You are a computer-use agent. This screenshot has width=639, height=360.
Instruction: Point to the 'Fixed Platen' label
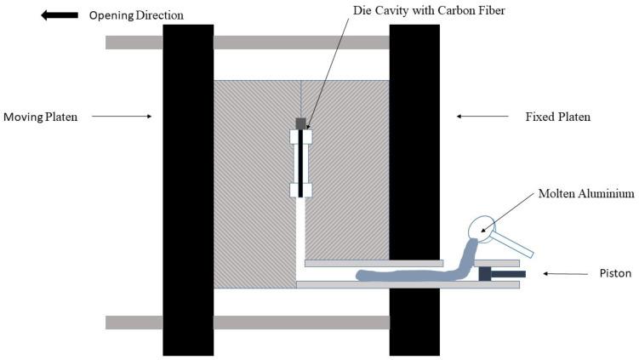(557, 116)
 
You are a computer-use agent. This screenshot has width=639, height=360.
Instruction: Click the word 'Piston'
(605, 274)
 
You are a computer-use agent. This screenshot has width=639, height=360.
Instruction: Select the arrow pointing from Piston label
(561, 274)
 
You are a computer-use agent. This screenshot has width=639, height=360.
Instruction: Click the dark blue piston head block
(486, 274)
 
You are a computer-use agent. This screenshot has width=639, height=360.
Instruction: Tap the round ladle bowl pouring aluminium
(483, 226)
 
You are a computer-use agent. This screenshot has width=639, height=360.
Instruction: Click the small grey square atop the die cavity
(300, 123)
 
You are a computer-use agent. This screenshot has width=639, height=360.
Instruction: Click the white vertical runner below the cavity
(300, 238)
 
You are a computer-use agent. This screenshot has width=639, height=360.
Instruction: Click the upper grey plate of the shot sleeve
(374, 263)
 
